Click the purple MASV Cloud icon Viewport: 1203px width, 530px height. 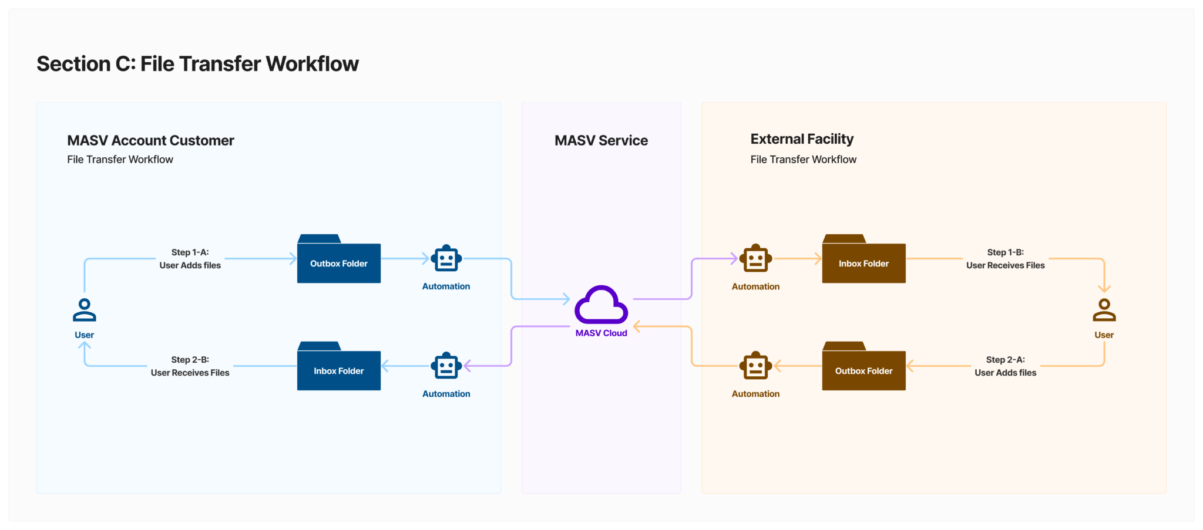[x=601, y=305]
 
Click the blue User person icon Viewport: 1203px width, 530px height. [x=85, y=310]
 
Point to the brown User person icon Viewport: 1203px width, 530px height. [x=1104, y=310]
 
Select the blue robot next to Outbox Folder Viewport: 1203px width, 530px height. [x=446, y=259]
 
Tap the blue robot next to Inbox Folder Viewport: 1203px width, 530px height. [x=446, y=366]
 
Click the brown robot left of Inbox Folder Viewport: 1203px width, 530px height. [x=755, y=259]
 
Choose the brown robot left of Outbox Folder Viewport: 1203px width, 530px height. [x=755, y=366]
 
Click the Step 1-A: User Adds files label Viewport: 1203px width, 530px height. [x=190, y=259]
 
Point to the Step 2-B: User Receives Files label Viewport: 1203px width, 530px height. [x=190, y=366]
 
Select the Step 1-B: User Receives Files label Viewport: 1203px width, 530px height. [x=1005, y=259]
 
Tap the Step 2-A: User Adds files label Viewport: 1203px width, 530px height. [x=1005, y=366]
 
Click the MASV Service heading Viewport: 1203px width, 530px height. [x=601, y=140]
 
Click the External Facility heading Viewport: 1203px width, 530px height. [x=802, y=139]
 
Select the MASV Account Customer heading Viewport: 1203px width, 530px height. [x=150, y=140]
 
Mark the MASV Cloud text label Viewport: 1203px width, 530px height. [x=601, y=333]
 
